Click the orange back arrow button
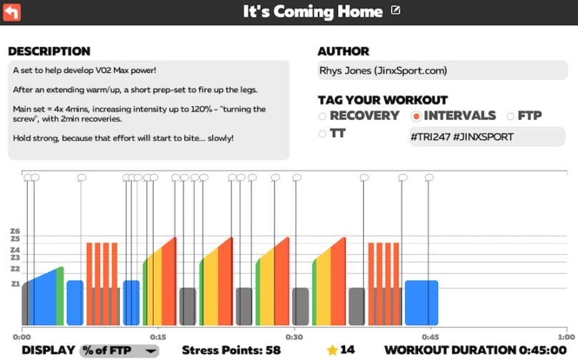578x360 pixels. click(12, 12)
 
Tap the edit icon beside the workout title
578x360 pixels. click(396, 11)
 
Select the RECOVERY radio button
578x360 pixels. click(323, 116)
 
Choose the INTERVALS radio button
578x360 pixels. click(416, 116)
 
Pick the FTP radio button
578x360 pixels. click(511, 116)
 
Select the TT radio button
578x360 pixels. click(323, 133)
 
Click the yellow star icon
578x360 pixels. click(332, 350)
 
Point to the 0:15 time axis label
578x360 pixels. click(158, 337)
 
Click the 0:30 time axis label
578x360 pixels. click(294, 337)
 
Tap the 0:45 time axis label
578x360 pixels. click(429, 337)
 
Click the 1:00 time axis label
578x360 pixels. click(566, 337)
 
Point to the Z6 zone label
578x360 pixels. click(16, 231)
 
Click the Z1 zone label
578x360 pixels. click(16, 284)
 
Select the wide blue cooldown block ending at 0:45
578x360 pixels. click(422, 303)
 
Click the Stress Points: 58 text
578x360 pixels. click(231, 350)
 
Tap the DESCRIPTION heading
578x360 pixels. click(49, 51)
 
